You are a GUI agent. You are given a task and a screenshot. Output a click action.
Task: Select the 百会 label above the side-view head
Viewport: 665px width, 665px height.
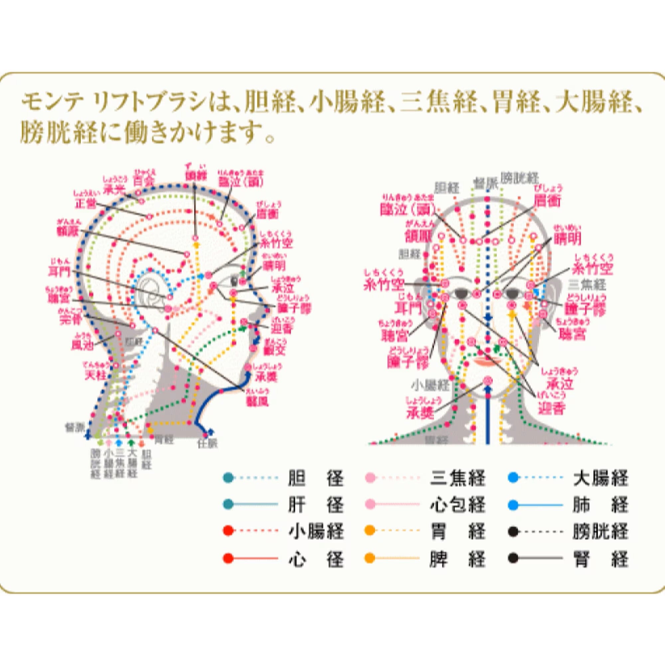[x=144, y=180]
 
